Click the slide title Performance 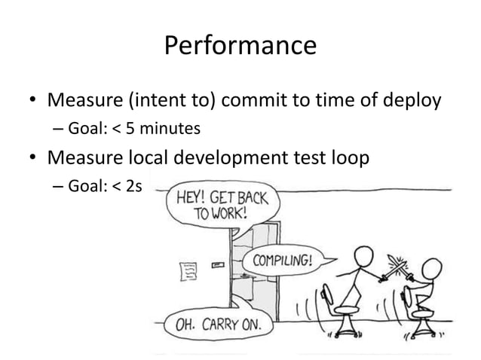[240, 47]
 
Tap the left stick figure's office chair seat [346, 309]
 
